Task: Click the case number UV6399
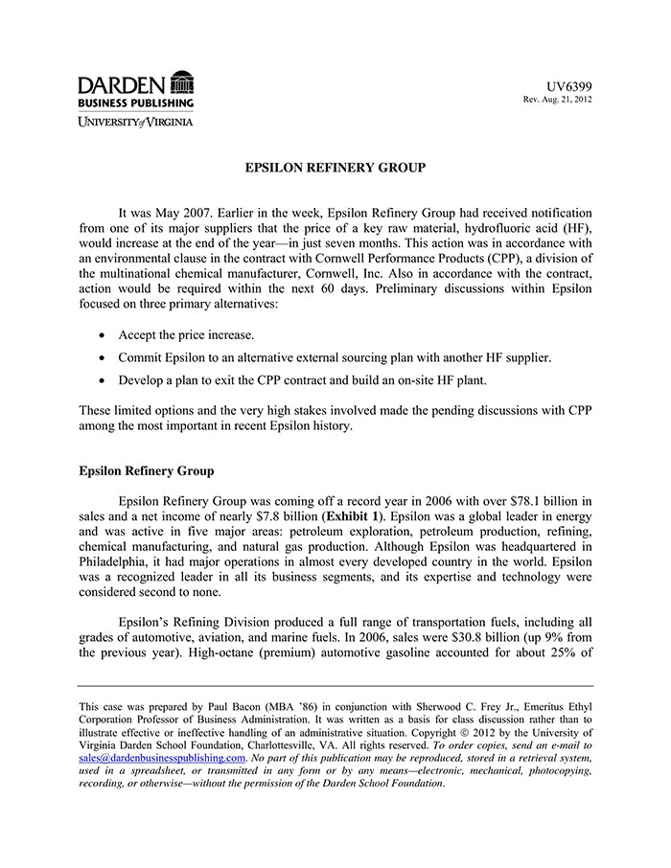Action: click(569, 87)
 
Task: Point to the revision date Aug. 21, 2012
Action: click(565, 100)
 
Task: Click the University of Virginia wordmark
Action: click(135, 122)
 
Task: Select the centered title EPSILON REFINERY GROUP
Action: click(335, 168)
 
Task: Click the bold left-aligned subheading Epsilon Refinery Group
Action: click(147, 471)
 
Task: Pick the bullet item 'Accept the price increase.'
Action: click(186, 335)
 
